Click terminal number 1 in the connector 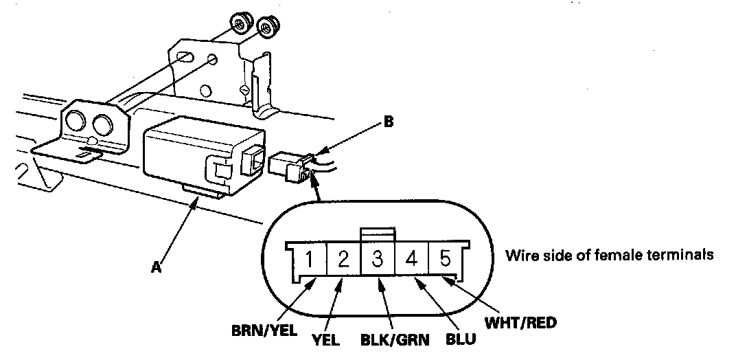click(x=310, y=260)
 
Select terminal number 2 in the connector click(x=344, y=260)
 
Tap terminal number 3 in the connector click(x=378, y=260)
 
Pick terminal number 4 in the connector click(x=412, y=260)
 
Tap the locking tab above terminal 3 click(x=378, y=234)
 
